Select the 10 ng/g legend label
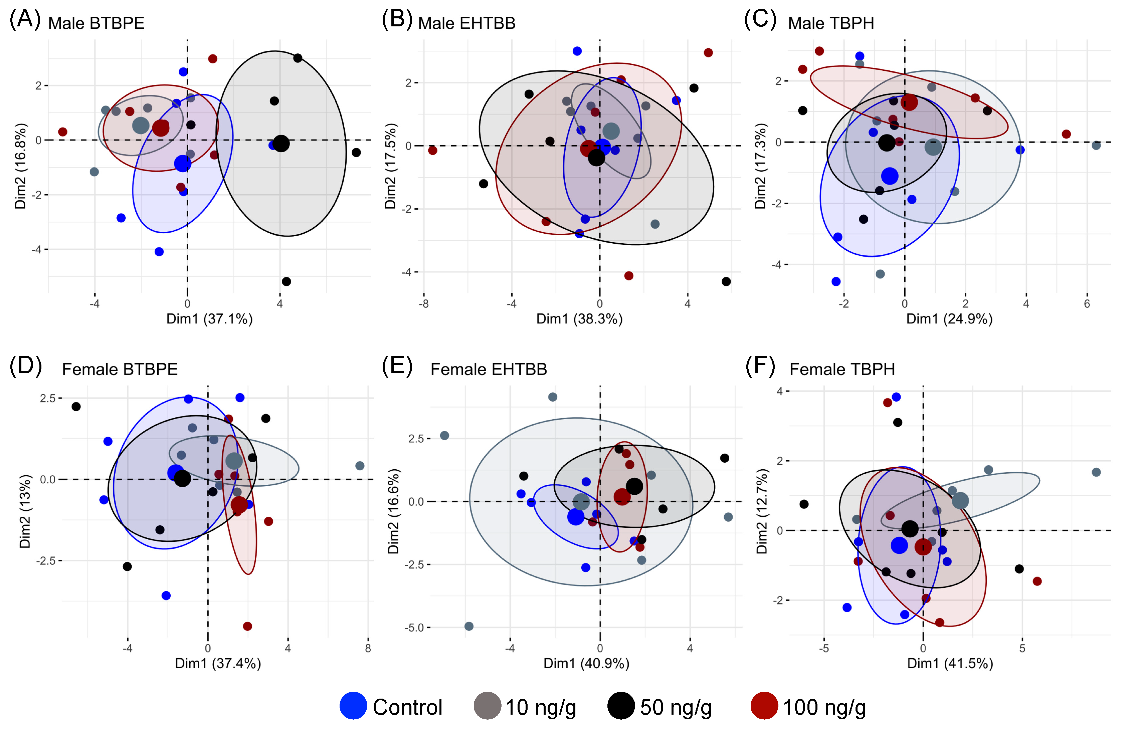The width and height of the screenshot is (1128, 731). click(x=541, y=707)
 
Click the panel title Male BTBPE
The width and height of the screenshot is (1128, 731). click(x=96, y=23)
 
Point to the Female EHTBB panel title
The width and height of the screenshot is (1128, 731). click(x=489, y=369)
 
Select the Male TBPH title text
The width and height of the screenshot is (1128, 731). click(x=831, y=23)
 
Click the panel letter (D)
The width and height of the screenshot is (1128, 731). click(x=26, y=367)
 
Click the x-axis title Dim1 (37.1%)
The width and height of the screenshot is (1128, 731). click(x=209, y=319)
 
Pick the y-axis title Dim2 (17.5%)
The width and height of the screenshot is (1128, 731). click(x=390, y=166)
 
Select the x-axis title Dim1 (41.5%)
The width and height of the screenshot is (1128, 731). click(x=950, y=663)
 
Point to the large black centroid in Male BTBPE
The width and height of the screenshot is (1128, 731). click(x=281, y=143)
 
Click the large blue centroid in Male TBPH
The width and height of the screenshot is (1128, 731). click(x=890, y=176)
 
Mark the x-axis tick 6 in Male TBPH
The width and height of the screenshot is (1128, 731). click(x=1087, y=304)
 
